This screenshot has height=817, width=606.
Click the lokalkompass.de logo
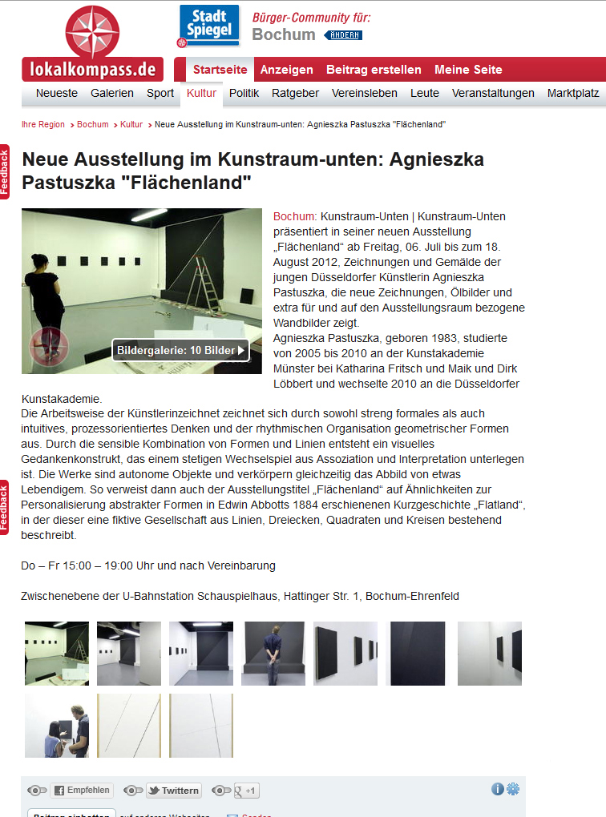pyautogui.click(x=92, y=43)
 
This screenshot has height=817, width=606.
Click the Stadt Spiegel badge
pyautogui.click(x=209, y=26)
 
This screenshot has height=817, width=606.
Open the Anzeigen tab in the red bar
pyautogui.click(x=286, y=70)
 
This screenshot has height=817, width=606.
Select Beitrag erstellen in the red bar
pyautogui.click(x=374, y=70)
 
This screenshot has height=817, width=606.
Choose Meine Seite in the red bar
pyautogui.click(x=468, y=70)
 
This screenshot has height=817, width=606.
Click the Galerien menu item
pyautogui.click(x=112, y=93)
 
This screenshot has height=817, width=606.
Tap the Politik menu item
pyautogui.click(x=244, y=93)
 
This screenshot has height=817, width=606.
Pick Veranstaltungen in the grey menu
pyautogui.click(x=493, y=93)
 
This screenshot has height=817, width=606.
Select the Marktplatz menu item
pyautogui.click(x=573, y=93)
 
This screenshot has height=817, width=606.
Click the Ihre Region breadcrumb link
pyautogui.click(x=43, y=125)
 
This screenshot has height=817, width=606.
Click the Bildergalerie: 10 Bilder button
pyautogui.click(x=180, y=350)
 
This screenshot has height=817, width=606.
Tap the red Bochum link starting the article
pyautogui.click(x=295, y=216)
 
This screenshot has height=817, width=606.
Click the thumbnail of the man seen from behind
pyautogui.click(x=273, y=653)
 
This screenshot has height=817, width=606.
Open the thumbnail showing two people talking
pyautogui.click(x=57, y=725)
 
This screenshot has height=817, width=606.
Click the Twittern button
pyautogui.click(x=173, y=791)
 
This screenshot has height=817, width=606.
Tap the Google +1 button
pyautogui.click(x=245, y=791)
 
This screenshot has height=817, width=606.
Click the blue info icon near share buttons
pyautogui.click(x=498, y=789)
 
